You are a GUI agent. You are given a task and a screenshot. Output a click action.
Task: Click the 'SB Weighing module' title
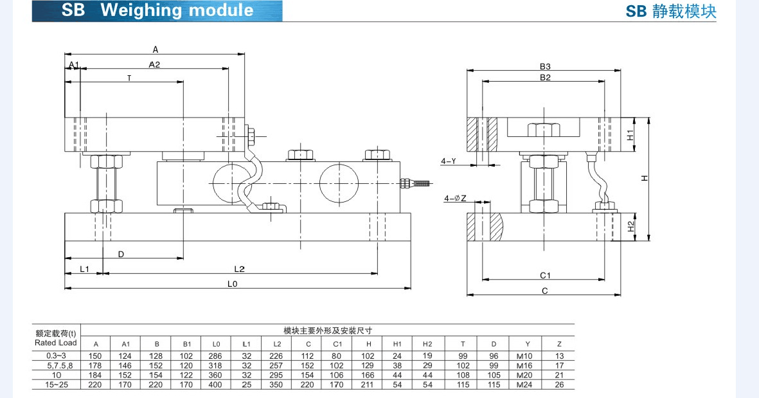click(157, 11)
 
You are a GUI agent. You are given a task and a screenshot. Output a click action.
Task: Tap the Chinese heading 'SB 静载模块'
click(670, 12)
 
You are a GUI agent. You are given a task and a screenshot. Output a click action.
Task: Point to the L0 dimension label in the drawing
click(233, 283)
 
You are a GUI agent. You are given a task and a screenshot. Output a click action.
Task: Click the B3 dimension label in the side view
click(545, 66)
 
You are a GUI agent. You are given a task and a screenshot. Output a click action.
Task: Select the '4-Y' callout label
click(449, 161)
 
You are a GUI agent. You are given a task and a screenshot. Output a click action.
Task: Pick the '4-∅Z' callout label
click(454, 199)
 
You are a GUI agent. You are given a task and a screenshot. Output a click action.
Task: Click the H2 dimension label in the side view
click(631, 226)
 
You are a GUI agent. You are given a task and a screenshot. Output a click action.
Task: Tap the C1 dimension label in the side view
click(545, 275)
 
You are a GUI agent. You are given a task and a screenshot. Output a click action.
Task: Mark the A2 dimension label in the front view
click(154, 64)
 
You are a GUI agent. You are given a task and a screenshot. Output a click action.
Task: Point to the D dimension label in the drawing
click(121, 255)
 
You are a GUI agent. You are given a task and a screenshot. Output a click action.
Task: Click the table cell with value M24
click(525, 384)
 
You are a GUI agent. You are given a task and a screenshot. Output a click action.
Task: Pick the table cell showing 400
click(216, 384)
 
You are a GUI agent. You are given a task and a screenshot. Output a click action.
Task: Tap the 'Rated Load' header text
click(56, 343)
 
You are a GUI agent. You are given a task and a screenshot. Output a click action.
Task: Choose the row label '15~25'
click(56, 384)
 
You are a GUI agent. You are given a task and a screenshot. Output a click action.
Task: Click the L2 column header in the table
click(277, 344)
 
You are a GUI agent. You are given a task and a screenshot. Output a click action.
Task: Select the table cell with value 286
click(216, 356)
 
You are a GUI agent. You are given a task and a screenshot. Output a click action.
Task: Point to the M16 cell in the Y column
click(525, 365)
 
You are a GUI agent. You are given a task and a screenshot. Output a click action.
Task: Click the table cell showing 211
click(368, 384)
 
